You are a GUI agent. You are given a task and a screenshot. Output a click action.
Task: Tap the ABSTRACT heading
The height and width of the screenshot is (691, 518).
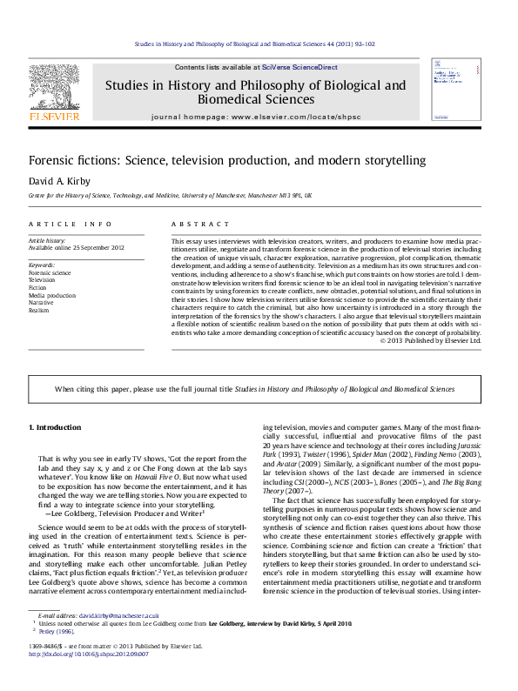[192, 224]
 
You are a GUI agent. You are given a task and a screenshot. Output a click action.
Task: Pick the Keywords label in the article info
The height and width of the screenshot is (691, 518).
[43, 263]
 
